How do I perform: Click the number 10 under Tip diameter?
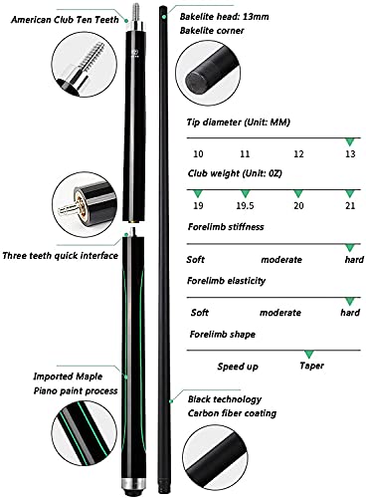coord(198,154)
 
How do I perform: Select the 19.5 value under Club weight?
coord(245,206)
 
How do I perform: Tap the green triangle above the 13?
coord(349,142)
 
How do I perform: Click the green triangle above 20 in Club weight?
coord(298,194)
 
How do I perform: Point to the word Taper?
coord(311,366)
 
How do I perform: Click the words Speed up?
coord(238,367)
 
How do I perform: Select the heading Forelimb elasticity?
coord(227,281)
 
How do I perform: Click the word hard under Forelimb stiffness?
coord(354,259)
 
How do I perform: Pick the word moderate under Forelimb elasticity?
coord(280,313)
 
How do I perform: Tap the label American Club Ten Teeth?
coord(65,20)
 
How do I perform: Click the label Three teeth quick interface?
coord(61,256)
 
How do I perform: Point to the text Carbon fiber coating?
coord(232,413)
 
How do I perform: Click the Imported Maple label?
coord(68,376)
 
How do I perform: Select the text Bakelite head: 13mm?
coord(225,17)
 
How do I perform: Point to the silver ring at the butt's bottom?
coord(133,482)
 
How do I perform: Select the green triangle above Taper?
coord(309,354)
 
